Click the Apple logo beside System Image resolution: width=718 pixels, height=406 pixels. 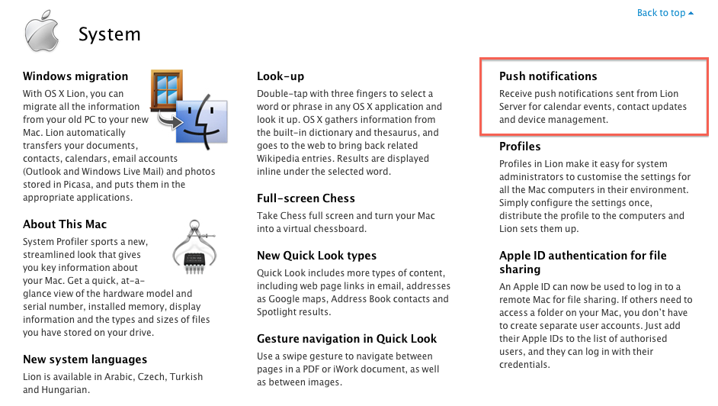(x=42, y=31)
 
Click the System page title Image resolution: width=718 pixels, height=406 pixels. (x=110, y=34)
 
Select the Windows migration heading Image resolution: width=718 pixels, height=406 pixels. (x=75, y=76)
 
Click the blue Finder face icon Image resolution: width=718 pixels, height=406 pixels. (x=197, y=121)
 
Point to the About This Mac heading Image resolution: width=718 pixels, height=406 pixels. (x=65, y=224)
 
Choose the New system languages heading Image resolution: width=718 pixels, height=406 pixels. (x=85, y=359)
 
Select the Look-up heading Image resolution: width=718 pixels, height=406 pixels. (x=280, y=76)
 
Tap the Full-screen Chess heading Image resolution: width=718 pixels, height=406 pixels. (x=306, y=198)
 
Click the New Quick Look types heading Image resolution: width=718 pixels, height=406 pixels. (x=316, y=256)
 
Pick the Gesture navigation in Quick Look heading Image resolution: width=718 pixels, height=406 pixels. (x=347, y=339)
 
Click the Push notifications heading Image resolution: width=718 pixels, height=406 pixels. (x=548, y=76)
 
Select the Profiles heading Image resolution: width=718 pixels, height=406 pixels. (x=520, y=147)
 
